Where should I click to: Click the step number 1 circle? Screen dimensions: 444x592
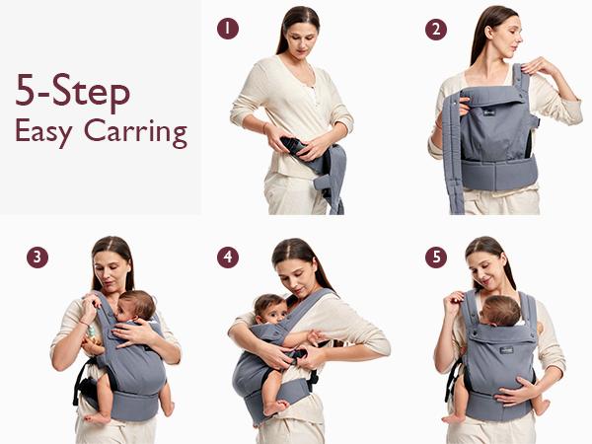[x=228, y=29]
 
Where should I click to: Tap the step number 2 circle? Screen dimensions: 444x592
[x=435, y=29]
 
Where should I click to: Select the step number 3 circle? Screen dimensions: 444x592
[x=37, y=258]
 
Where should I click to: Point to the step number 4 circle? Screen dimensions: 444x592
[x=228, y=258]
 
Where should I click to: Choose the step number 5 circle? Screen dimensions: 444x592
[x=435, y=258]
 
